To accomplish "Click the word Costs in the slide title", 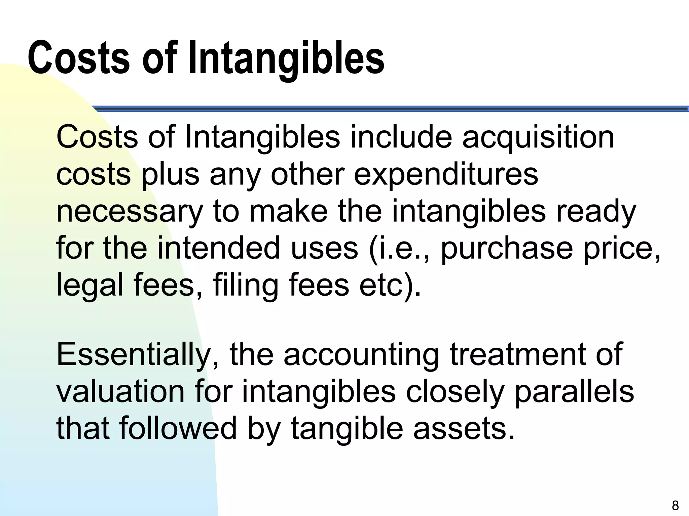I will tap(79, 58).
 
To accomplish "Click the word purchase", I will tap(507, 249).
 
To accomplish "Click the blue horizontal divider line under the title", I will tap(390, 109).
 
